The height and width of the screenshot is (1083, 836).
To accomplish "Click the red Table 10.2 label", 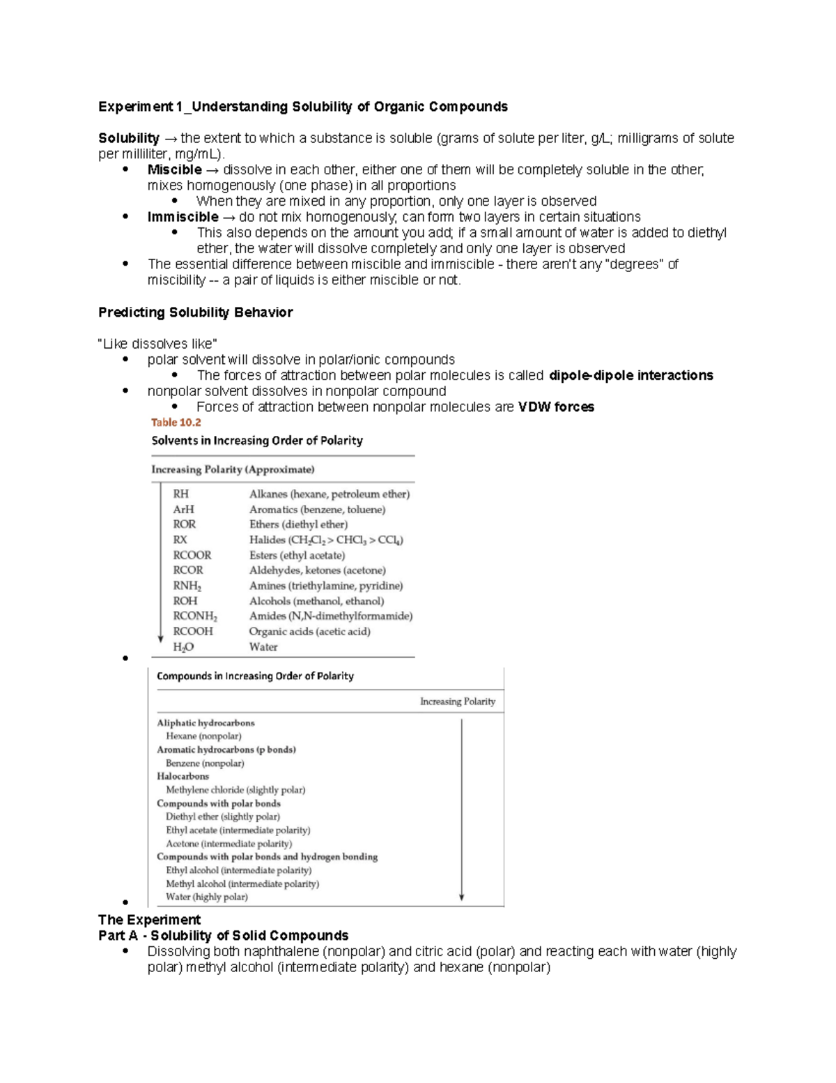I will click(176, 423).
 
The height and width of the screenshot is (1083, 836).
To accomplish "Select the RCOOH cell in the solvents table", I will click(193, 631).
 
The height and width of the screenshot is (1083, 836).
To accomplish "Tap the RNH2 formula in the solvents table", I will click(187, 586).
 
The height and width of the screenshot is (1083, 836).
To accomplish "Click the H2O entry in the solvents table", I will click(183, 647).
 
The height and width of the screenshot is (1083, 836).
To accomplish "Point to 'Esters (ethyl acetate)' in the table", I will click(297, 555).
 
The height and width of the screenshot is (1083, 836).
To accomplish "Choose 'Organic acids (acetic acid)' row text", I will click(309, 631).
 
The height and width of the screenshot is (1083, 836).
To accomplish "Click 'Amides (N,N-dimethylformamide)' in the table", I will click(330, 616).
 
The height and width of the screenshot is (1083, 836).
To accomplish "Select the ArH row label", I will click(183, 509).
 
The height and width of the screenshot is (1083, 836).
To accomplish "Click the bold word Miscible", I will click(174, 169).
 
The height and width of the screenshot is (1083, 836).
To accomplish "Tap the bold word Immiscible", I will click(183, 217).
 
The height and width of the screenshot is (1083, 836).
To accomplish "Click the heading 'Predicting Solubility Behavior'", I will click(195, 312).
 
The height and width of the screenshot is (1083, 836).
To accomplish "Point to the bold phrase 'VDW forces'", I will click(556, 407).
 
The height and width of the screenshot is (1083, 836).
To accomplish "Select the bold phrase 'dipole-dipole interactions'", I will click(630, 376).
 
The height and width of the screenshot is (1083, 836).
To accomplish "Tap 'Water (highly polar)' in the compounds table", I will click(206, 897).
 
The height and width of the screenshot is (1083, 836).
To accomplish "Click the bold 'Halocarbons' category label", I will click(183, 776).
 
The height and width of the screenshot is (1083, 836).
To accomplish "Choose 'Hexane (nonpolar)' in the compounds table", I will click(203, 736).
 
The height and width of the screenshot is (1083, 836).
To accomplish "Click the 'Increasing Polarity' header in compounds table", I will click(457, 702).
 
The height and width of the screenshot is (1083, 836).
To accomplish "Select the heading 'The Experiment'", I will click(149, 920).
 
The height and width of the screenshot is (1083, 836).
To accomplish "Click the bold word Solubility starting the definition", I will click(129, 138).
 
